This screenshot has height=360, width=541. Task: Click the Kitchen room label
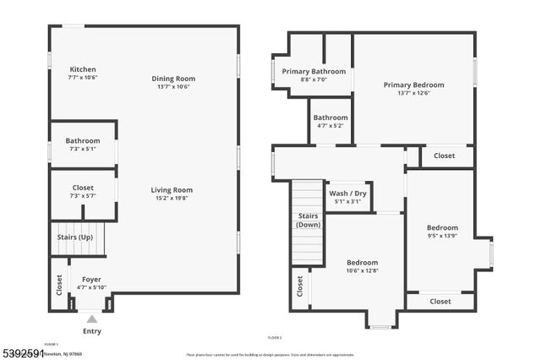point(83,69)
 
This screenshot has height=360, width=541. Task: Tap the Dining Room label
point(173,79)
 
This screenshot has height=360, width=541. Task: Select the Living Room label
point(172,190)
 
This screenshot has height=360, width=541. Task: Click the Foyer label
point(91,279)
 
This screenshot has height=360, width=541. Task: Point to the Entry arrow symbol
point(91,319)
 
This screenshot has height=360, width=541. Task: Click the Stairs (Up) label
point(74,237)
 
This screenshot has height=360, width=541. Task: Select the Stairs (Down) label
point(308,221)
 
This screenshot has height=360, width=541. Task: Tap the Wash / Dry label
point(347,193)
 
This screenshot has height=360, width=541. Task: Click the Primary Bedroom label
point(413,85)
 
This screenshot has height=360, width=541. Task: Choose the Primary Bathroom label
point(314,72)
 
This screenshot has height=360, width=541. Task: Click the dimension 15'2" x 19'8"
point(172,199)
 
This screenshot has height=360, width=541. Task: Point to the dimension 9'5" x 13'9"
point(442,236)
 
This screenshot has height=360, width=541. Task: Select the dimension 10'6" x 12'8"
point(362,271)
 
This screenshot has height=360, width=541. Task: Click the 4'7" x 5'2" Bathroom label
point(330,126)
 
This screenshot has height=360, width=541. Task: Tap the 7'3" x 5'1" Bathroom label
point(83,149)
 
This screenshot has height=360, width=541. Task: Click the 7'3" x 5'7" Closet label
point(83,195)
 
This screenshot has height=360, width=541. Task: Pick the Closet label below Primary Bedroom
point(444,155)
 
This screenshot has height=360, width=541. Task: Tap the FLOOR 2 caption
point(274,337)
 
